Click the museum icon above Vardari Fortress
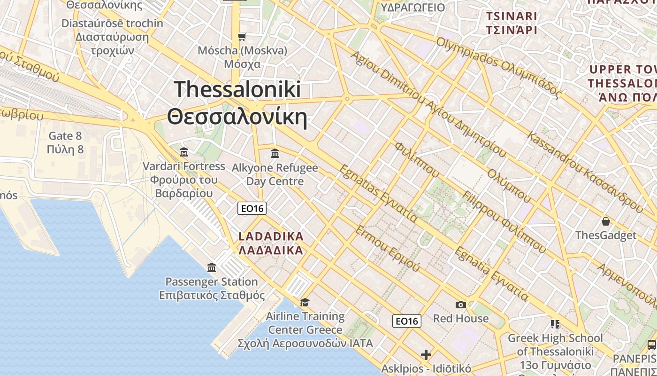(x=184, y=152)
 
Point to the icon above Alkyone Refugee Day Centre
(x=275, y=153)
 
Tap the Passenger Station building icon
(x=212, y=268)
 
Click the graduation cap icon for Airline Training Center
(x=305, y=302)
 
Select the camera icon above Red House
(x=461, y=305)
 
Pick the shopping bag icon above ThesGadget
(x=606, y=221)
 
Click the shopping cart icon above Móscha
(x=242, y=37)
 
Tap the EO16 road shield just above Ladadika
(x=252, y=208)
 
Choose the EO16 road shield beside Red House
(x=406, y=321)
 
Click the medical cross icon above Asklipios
(x=426, y=354)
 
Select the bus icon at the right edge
(x=651, y=345)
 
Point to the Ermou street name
(x=388, y=248)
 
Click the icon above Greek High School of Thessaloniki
(x=555, y=324)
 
